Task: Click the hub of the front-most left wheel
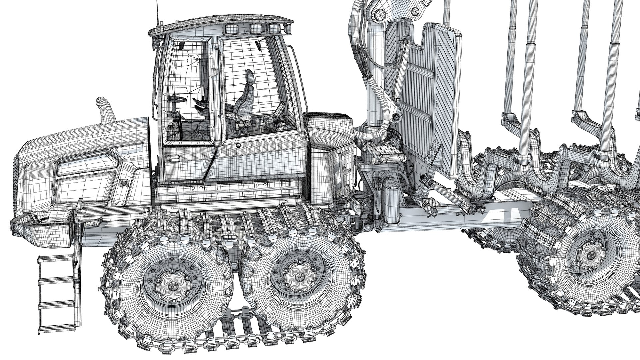tap(173, 286)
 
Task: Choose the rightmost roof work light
tap(274, 28)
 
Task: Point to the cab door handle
tap(174, 158)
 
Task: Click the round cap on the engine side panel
tap(125, 182)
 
